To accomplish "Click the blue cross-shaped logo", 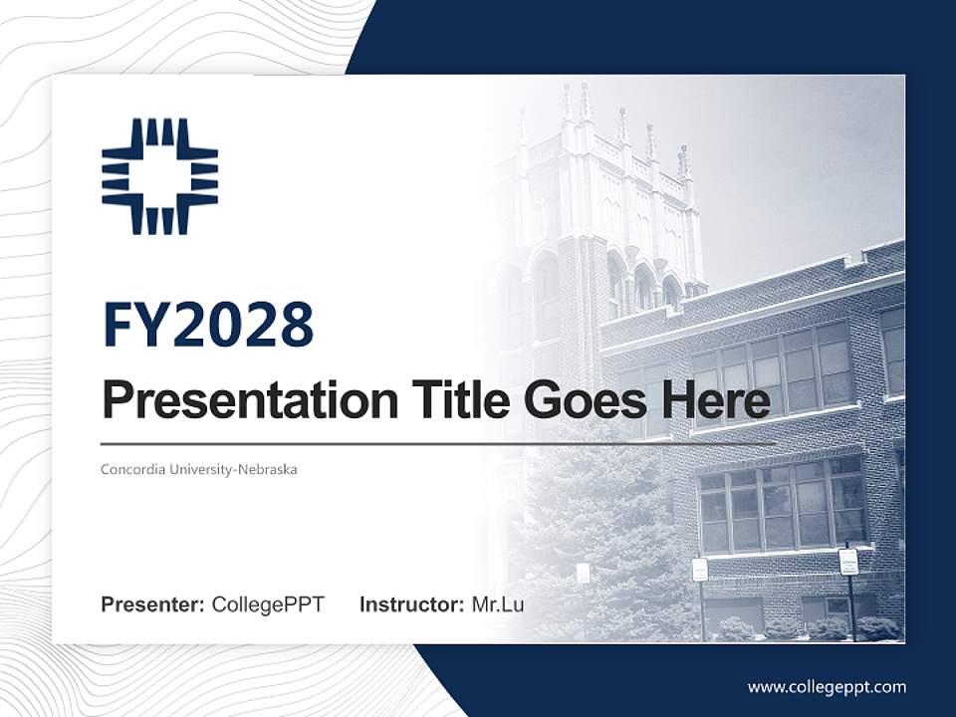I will click(x=159, y=176).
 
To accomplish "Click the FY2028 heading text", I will click(x=208, y=325).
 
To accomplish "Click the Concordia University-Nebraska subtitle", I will click(x=199, y=469).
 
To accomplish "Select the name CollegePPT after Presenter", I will click(x=268, y=604).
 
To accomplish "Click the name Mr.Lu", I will click(x=497, y=604).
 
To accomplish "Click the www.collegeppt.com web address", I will click(x=827, y=686).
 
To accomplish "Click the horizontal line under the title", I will click(x=438, y=443).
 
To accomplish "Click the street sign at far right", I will click(x=848, y=563).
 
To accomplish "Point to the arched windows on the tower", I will click(x=642, y=284).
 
